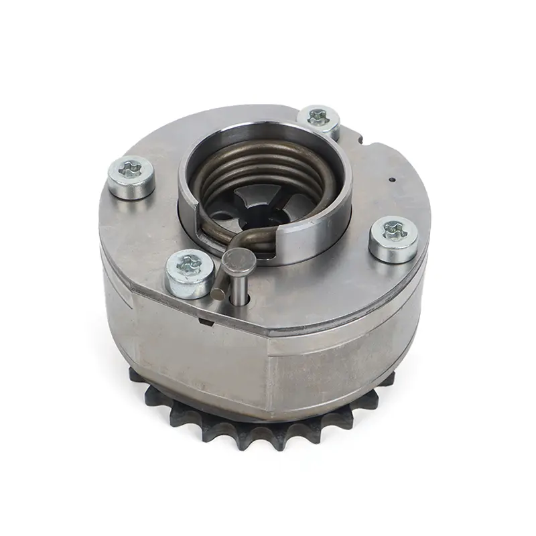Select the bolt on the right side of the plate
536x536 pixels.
coord(394,238)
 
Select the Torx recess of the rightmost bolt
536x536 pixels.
coord(394,232)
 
